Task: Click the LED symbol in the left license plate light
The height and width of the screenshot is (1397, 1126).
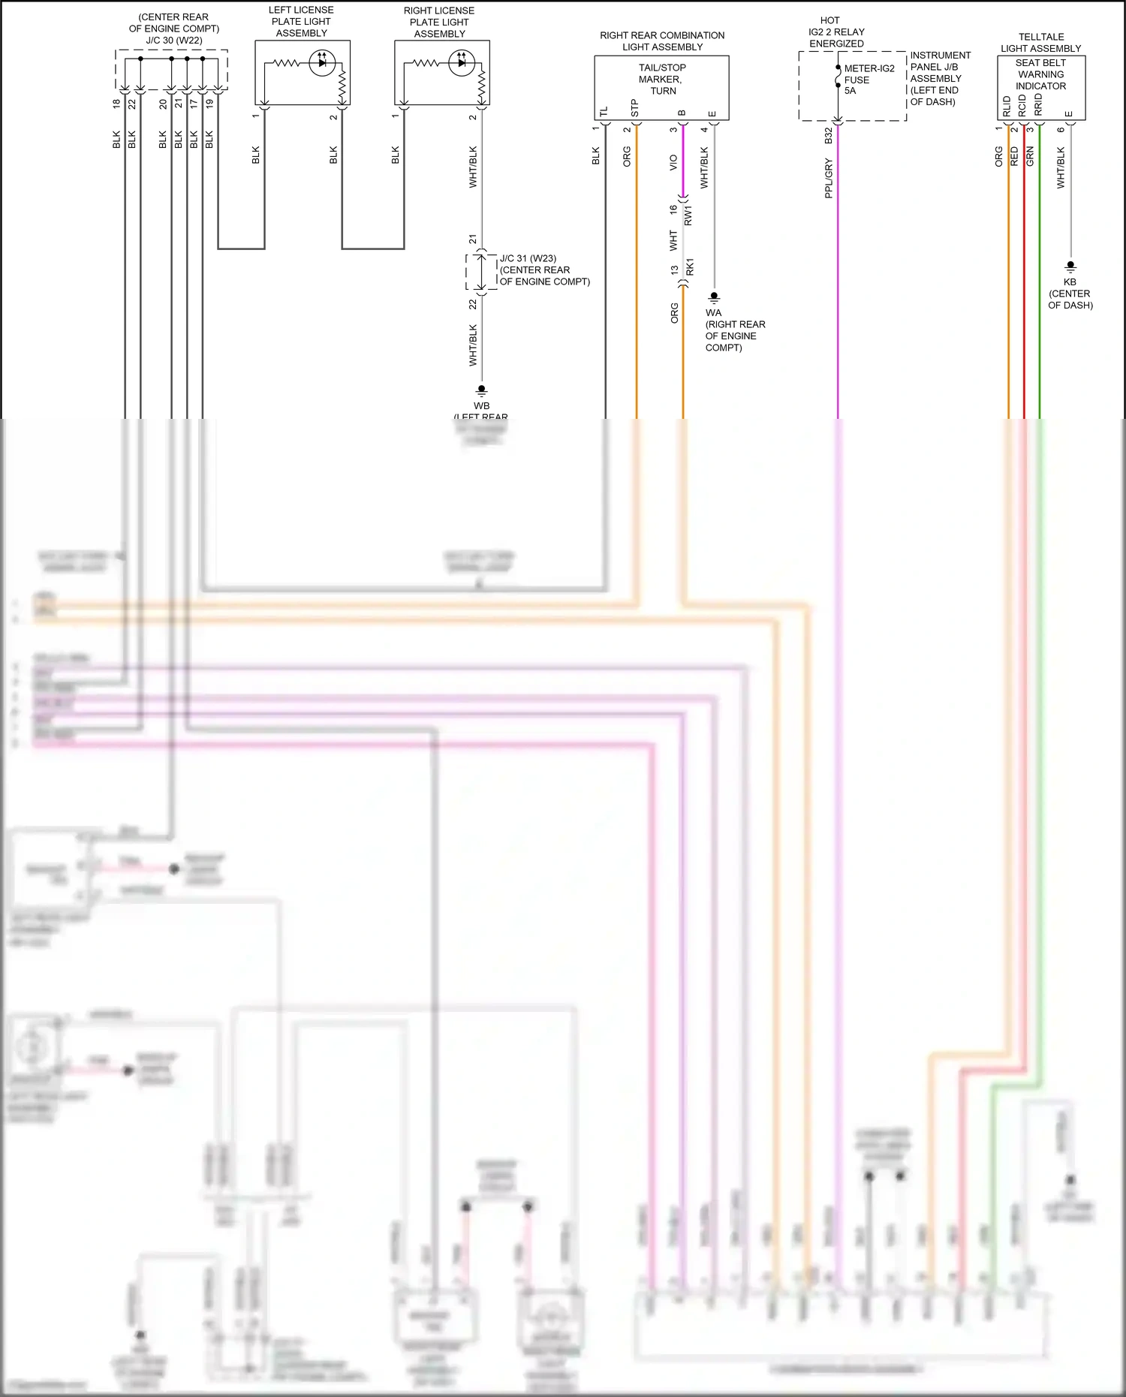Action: (322, 62)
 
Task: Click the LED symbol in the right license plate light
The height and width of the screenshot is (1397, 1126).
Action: (461, 63)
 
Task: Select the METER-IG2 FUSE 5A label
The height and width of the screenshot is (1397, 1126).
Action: (869, 79)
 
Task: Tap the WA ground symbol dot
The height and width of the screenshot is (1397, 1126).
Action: (714, 297)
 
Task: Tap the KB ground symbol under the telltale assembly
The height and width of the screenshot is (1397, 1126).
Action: (1070, 266)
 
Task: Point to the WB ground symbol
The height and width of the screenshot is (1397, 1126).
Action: (481, 390)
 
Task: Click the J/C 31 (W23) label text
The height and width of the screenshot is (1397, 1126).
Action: (528, 258)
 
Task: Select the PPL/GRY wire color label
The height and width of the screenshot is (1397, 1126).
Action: (829, 178)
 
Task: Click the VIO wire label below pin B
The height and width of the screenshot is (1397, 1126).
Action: (673, 162)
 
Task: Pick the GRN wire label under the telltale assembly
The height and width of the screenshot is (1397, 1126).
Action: (1030, 156)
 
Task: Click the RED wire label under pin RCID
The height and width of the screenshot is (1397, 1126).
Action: (1014, 156)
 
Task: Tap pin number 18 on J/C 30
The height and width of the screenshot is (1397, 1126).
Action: (116, 104)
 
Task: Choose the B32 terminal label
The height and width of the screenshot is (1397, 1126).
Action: (829, 136)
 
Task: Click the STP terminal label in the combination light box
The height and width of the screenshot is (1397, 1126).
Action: (635, 109)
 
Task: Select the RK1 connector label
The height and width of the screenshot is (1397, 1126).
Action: (690, 266)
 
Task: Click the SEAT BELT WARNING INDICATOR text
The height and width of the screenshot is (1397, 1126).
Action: (1040, 74)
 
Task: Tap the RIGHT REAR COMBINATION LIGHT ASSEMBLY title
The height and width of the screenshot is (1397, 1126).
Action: (662, 41)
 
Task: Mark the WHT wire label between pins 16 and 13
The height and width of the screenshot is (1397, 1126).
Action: (673, 240)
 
